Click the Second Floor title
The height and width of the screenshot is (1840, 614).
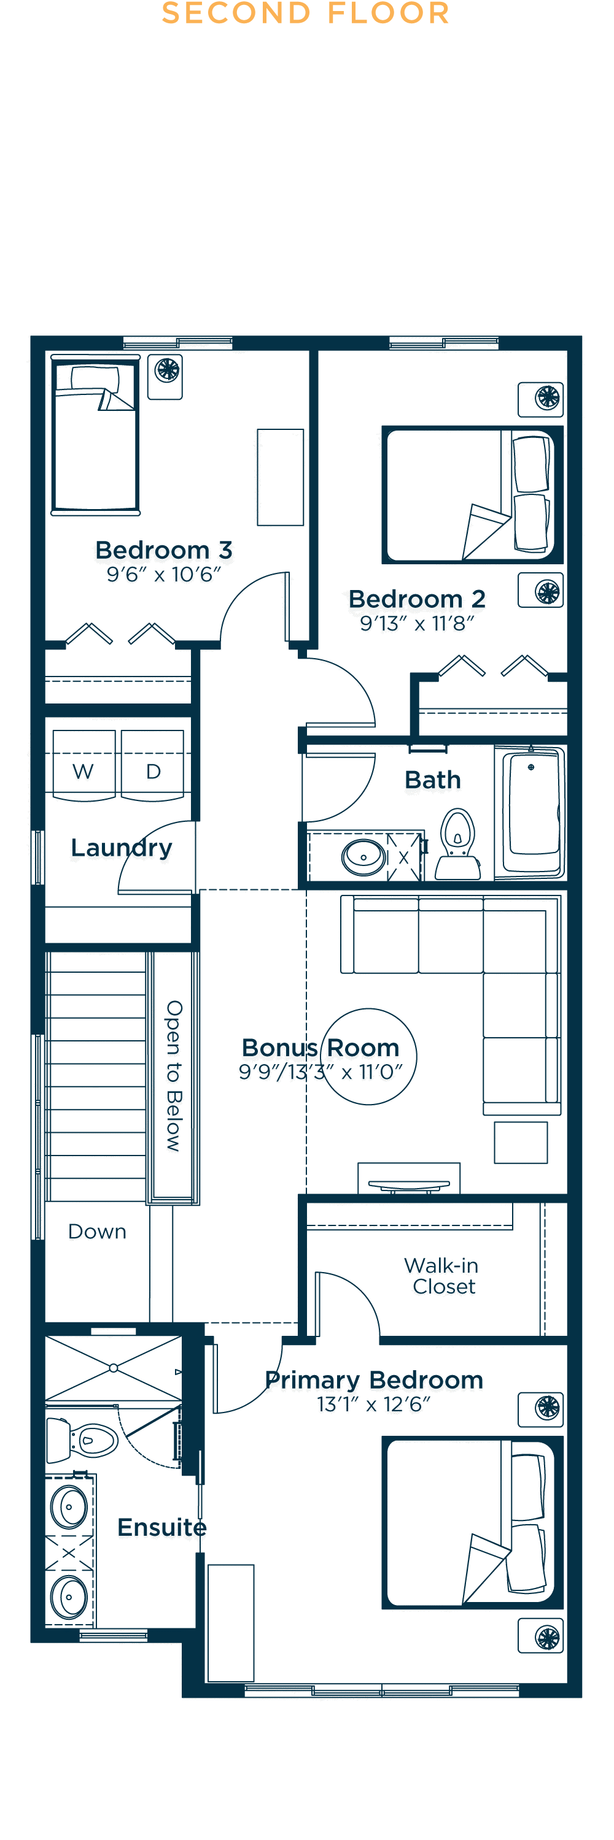click(306, 13)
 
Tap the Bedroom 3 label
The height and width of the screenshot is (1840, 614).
click(164, 550)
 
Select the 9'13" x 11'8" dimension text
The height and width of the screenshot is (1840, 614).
click(417, 624)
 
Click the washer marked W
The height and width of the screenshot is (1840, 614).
click(84, 765)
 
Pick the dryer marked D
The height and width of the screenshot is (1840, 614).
click(152, 765)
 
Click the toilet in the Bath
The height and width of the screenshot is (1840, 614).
click(457, 843)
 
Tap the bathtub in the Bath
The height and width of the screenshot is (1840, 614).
click(530, 812)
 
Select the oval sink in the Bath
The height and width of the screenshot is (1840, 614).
click(364, 857)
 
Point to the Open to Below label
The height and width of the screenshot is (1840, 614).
click(174, 1076)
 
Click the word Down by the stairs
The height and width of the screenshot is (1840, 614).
click(97, 1232)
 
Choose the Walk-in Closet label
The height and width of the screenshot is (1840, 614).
click(441, 1276)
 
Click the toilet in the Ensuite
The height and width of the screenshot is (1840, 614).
click(82, 1440)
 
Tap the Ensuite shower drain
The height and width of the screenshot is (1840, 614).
click(114, 1368)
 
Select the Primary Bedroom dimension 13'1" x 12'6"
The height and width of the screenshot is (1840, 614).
click(374, 1405)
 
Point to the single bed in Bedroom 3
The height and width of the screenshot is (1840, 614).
click(95, 435)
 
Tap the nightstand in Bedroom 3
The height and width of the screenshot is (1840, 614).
click(165, 377)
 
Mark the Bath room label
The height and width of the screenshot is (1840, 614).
click(432, 780)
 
